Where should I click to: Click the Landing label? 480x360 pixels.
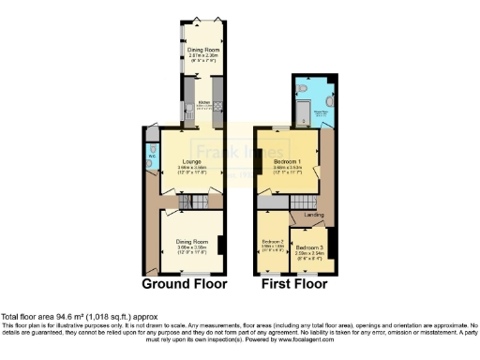click(x=314, y=215)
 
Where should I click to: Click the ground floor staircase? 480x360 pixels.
click(x=191, y=201)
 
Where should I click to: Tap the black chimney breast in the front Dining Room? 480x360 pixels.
click(x=220, y=246)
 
